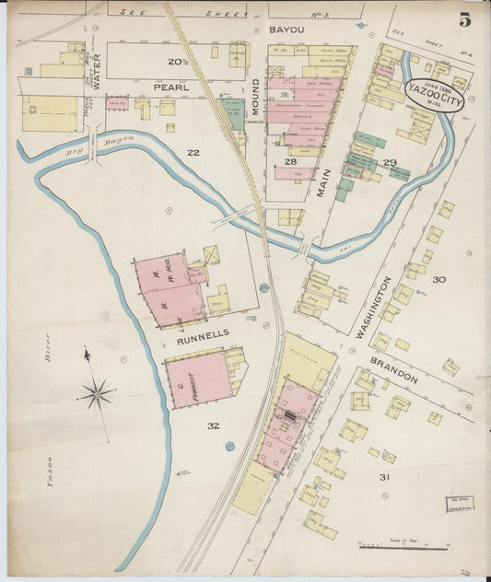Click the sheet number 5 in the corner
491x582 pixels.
[x=465, y=17]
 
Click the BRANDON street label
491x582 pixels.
[x=395, y=367]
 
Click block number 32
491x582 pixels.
[x=214, y=425]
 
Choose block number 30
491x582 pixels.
[x=438, y=279]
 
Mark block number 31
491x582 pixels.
[x=383, y=476]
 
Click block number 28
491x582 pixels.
[x=290, y=162]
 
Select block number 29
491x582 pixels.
[x=390, y=163]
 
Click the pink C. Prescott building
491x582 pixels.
[x=199, y=378]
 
